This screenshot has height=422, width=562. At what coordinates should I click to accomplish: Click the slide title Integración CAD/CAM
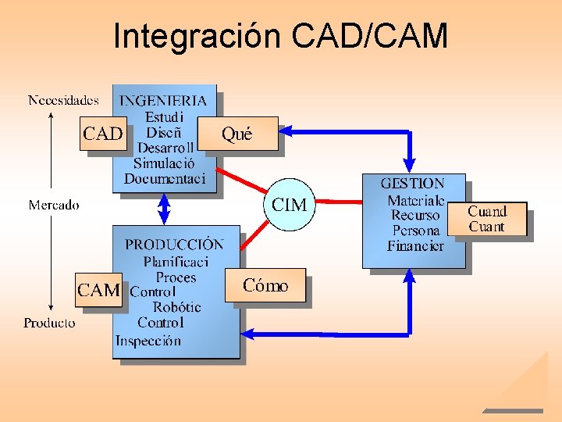click(280, 36)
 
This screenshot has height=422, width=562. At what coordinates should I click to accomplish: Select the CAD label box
click(102, 134)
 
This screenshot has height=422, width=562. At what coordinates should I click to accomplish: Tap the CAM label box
click(98, 290)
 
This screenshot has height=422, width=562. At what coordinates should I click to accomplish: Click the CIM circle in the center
click(289, 205)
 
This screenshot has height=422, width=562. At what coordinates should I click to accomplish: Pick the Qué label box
click(238, 134)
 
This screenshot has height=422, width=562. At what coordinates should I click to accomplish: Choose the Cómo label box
click(265, 286)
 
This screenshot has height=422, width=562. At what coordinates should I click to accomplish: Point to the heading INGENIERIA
click(163, 100)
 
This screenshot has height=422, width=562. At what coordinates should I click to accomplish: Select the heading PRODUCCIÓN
click(174, 244)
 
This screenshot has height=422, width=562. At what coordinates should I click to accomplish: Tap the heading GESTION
click(412, 184)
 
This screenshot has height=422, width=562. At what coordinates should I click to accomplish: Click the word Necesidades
click(63, 100)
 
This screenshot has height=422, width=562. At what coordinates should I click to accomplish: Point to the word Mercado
click(54, 205)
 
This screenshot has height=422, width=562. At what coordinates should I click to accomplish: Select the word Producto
click(50, 323)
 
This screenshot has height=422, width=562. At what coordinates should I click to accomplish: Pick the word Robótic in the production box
click(176, 307)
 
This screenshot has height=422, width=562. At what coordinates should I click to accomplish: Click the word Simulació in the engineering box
click(164, 163)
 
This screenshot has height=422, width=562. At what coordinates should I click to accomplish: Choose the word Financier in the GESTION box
click(415, 246)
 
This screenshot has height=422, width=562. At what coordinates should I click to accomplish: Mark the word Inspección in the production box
click(148, 341)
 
